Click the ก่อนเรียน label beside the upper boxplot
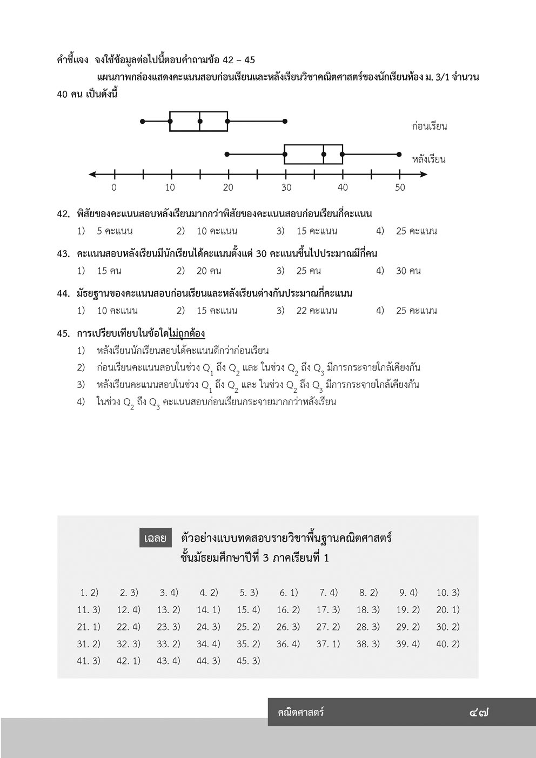(429, 126)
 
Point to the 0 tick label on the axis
(114, 187)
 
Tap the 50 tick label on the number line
(399, 187)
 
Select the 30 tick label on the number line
(286, 187)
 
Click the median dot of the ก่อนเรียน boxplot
(200, 121)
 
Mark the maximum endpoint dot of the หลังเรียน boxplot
(399, 155)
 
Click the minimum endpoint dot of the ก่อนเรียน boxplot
(143, 121)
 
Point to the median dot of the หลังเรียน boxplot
(323, 155)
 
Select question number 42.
(64, 214)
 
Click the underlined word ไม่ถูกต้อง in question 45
(186, 333)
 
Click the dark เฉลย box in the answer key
(155, 538)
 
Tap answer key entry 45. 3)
(249, 661)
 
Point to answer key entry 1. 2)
(89, 593)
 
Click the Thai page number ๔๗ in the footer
(479, 713)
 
